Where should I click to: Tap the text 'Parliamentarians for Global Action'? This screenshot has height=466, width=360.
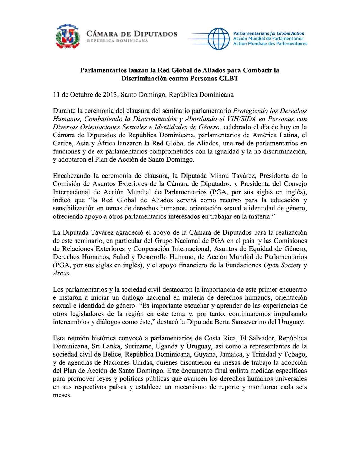point(269,33)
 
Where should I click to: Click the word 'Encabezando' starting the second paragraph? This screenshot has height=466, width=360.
point(69,176)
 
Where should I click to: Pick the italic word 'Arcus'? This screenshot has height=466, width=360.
point(61,274)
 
